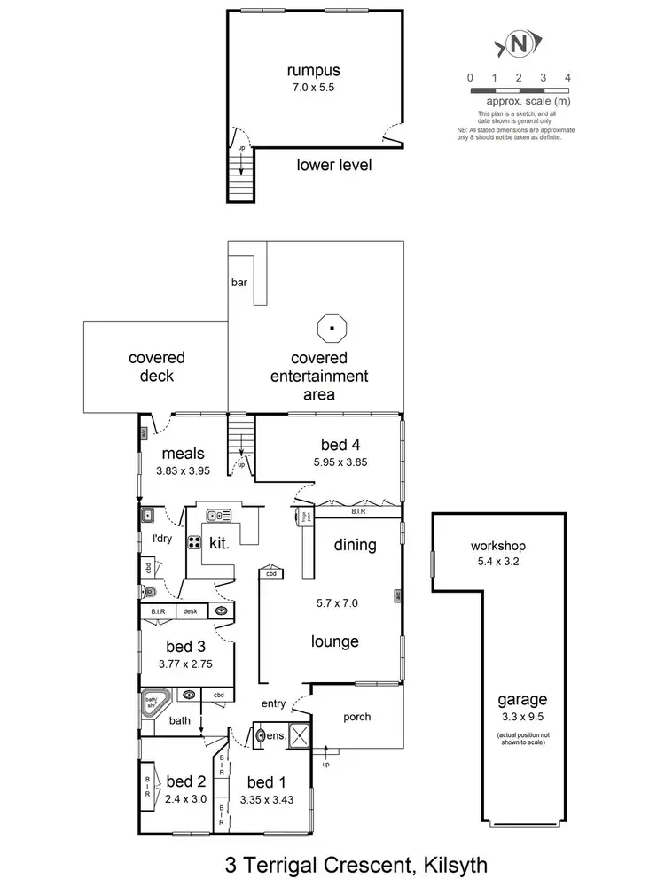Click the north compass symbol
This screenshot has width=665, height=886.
coord(520,43)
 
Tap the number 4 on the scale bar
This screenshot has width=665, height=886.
coord(567,78)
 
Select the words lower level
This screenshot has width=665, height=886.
coord(333,165)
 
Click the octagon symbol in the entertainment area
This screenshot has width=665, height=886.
coord(332,327)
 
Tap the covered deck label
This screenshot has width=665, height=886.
coord(157,367)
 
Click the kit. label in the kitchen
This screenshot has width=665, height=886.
coord(219,544)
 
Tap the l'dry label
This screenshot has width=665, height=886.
coord(162,538)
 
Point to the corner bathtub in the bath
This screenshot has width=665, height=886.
coord(155,704)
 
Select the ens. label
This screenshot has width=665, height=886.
coord(277,734)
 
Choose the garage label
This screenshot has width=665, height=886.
coord(522,699)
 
